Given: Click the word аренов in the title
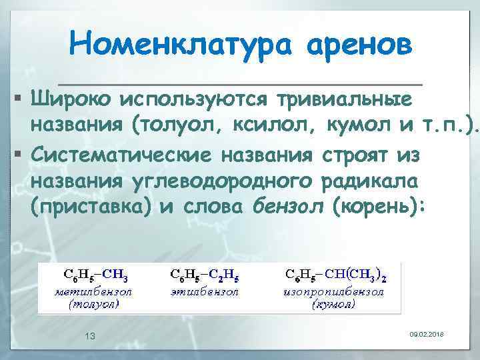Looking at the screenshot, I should [x=359, y=45].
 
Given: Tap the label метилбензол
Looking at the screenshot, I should [x=93, y=291].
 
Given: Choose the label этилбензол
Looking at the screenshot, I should [x=202, y=291].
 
